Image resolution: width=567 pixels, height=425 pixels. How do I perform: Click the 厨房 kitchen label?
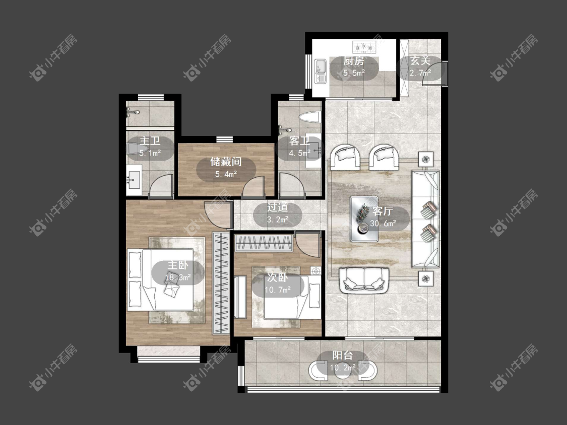tap(354, 61)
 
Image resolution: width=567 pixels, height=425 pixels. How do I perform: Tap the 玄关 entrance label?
tap(420, 61)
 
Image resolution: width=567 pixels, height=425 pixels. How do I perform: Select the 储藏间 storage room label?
tap(226, 162)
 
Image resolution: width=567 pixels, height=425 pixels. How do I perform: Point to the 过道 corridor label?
tap(278, 207)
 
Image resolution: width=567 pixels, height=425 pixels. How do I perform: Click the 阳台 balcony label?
tap(342, 355)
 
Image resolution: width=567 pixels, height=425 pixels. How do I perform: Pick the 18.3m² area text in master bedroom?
tap(178, 277)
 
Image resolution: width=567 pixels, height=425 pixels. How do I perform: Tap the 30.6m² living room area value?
tap(383, 224)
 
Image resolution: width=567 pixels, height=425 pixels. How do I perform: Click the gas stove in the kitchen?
tap(364, 46)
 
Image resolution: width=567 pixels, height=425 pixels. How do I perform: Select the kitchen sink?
tap(321, 71)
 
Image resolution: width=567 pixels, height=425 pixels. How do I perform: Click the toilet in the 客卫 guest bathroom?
tap(310, 117)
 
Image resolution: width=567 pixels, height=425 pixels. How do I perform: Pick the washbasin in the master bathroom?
tap(134, 178)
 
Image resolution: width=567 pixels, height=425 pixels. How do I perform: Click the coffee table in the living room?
tap(364, 219)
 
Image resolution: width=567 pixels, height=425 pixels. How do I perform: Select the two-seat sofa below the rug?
tap(364, 280)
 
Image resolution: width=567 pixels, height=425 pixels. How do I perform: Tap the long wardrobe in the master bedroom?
tap(221, 284)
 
